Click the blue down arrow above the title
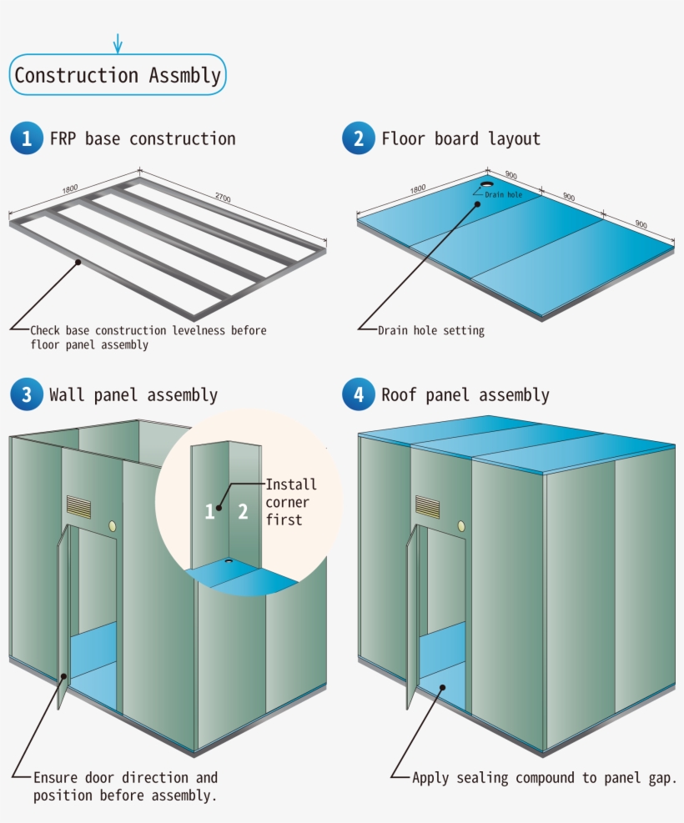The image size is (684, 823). (x=118, y=43)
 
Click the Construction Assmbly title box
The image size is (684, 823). (x=118, y=75)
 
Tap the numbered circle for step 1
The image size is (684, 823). (x=26, y=138)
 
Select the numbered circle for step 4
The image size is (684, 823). (x=359, y=394)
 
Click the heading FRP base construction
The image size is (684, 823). (x=143, y=138)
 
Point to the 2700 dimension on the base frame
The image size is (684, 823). (x=223, y=198)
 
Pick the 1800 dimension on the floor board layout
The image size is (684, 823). (x=418, y=188)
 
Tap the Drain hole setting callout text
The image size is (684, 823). (x=430, y=331)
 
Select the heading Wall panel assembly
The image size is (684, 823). (x=133, y=394)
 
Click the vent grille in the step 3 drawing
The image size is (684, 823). (x=79, y=507)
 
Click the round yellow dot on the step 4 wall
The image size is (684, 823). (x=460, y=527)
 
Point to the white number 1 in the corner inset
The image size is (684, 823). (x=210, y=511)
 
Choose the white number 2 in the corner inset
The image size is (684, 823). (x=243, y=511)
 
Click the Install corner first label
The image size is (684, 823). (x=290, y=502)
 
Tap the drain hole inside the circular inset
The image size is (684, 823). (x=227, y=562)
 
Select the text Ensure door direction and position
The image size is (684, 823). (x=125, y=786)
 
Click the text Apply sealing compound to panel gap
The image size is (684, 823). (x=544, y=778)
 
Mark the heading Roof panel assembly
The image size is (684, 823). (x=465, y=394)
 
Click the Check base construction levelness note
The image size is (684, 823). (x=148, y=338)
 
